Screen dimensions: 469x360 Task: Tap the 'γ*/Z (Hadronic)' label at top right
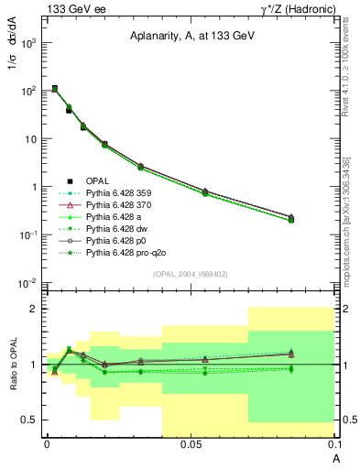[x=292, y=8]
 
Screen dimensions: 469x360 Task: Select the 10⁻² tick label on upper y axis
[x=27, y=282]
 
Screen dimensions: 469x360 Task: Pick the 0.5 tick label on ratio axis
[x=29, y=420]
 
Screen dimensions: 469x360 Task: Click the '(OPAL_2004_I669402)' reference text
[x=190, y=273]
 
